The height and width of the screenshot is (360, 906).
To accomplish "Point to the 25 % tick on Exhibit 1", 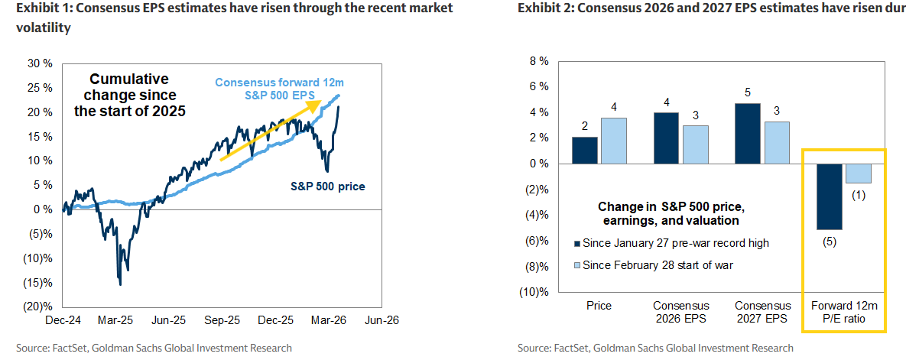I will click(x=40, y=88).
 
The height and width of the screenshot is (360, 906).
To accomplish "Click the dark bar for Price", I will click(x=585, y=151).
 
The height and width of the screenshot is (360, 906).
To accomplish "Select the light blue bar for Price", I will click(x=614, y=141).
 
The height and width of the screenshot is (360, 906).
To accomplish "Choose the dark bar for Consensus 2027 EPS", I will click(x=747, y=133).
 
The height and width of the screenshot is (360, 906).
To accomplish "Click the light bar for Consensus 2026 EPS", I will click(x=695, y=144).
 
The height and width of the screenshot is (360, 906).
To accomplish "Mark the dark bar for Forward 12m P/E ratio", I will click(x=828, y=196).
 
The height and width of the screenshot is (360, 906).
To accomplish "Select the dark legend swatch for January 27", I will click(x=576, y=244).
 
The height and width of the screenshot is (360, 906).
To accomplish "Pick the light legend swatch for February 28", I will click(x=576, y=265).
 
